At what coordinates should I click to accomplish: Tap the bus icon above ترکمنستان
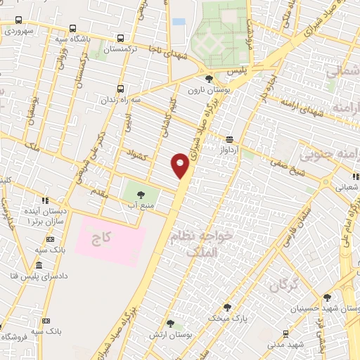pos(121,39)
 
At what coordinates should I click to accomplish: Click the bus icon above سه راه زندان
pos(120,89)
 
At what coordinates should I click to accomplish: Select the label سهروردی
pos(19,31)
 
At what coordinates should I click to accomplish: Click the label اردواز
pos(230,150)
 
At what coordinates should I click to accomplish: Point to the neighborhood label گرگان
pos(284,285)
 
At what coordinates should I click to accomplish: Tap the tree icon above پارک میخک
pos(227,307)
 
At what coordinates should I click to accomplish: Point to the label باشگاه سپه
pos(74,39)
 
